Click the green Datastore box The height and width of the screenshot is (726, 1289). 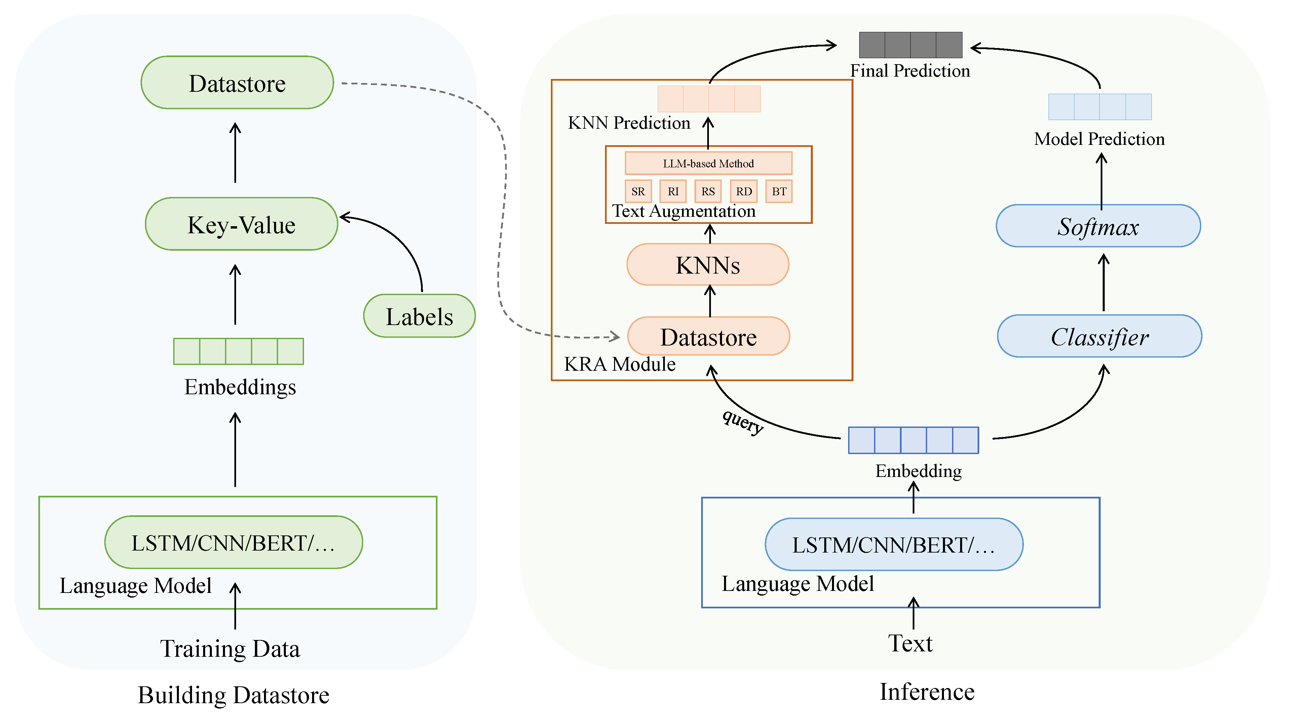(237, 83)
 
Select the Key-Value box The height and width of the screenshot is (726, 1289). (241, 225)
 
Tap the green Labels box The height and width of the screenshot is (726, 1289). (419, 317)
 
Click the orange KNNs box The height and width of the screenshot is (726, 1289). (708, 265)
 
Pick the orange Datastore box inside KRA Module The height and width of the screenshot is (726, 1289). (708, 337)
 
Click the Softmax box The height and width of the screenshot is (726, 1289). (1098, 227)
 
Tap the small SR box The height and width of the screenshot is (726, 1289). (638, 192)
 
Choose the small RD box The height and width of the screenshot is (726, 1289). (744, 192)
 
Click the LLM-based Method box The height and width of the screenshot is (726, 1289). (708, 163)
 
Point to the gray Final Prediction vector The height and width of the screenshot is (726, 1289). (910, 45)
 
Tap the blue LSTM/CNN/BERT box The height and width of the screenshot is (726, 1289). (894, 545)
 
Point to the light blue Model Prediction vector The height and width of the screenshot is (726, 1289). (1100, 107)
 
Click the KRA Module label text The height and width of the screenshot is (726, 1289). (619, 364)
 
